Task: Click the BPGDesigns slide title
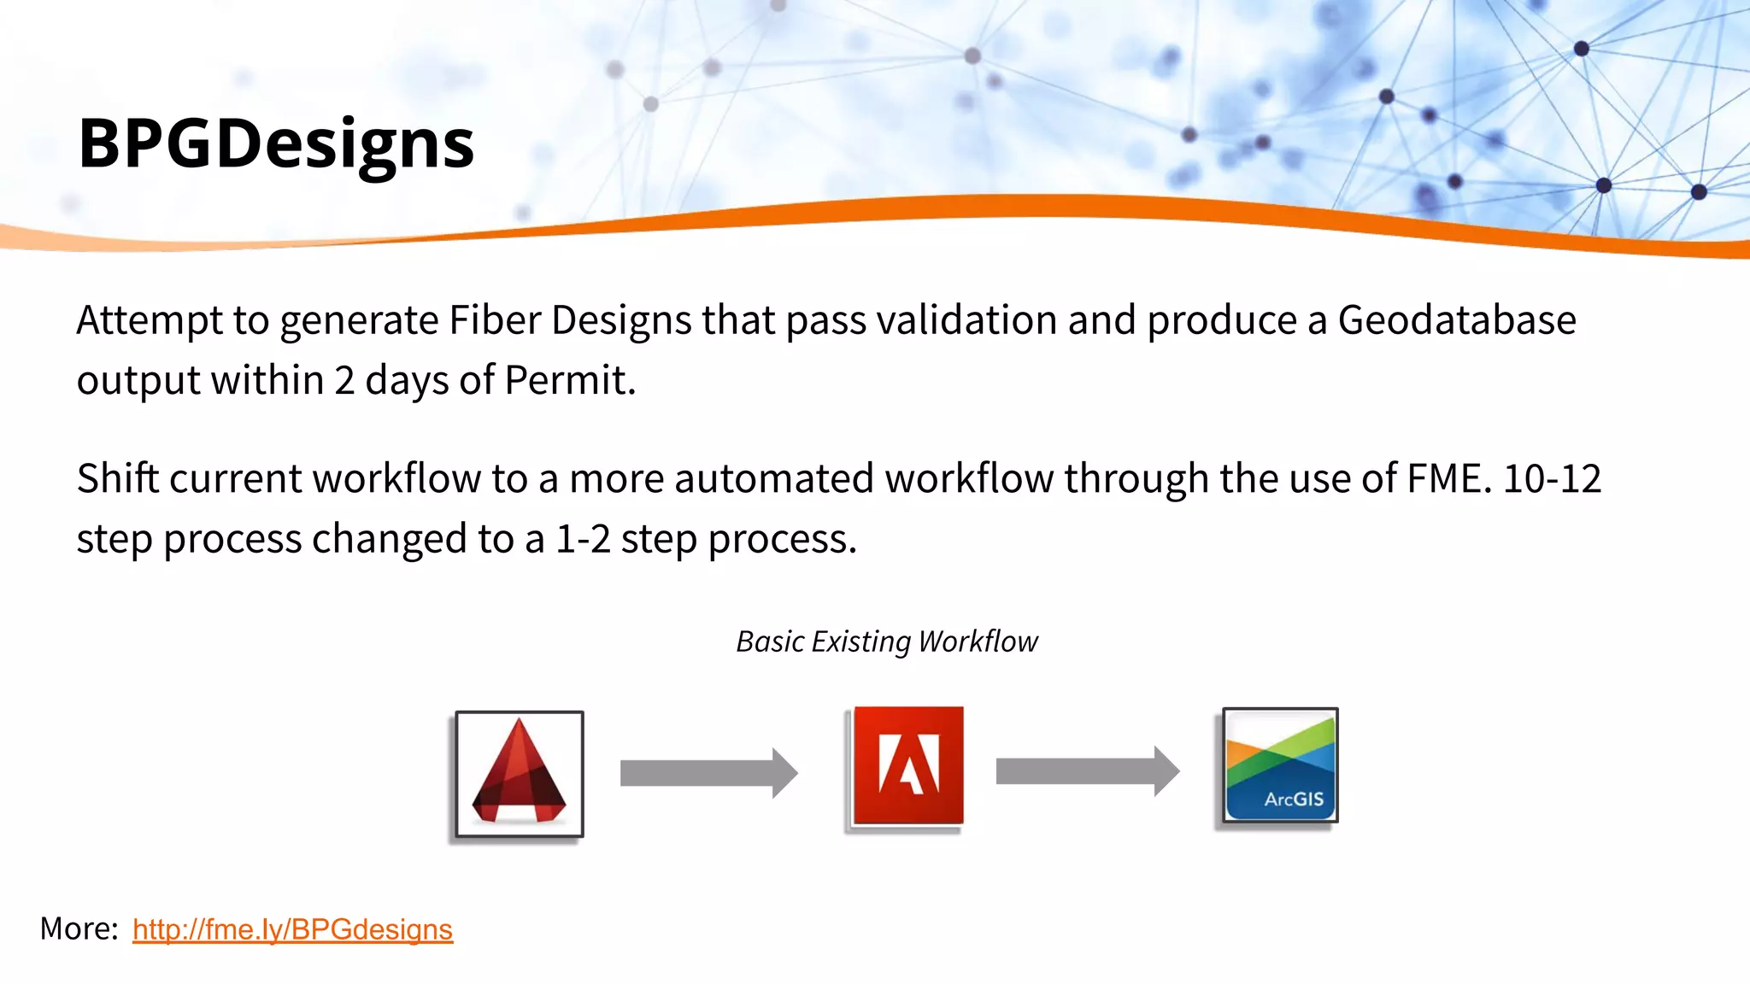275,143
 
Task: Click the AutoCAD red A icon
520,774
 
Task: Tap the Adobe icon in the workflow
907,765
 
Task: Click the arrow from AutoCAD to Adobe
708,773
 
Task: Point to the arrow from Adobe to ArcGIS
1087,771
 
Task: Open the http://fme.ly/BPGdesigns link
292,929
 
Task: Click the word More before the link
78,928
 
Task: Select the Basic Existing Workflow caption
887,641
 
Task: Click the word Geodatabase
1456,321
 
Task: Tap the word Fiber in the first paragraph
495,321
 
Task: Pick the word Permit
568,381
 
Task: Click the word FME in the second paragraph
1448,479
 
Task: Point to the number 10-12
1552,479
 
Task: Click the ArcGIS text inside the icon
1294,799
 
